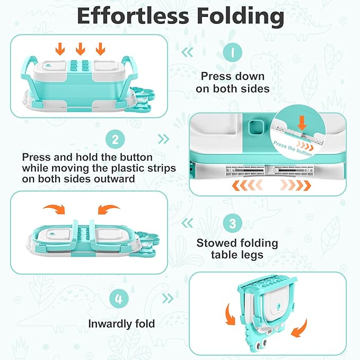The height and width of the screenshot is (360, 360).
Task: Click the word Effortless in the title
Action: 133,16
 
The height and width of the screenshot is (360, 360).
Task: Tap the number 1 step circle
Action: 233,52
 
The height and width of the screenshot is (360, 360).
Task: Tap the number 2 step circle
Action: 115,139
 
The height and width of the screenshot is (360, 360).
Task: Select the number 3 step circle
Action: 233,223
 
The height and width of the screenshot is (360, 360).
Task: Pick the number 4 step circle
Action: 119,299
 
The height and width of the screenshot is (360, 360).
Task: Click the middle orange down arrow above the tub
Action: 80,49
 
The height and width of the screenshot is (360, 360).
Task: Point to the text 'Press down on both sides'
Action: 233,82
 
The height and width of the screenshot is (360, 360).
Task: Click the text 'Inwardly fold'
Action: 121,324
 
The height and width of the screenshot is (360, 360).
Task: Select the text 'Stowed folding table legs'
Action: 237,249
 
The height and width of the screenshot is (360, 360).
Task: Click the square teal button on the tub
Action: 256,127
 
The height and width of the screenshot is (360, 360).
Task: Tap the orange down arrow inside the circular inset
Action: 302,123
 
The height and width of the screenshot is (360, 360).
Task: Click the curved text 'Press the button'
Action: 293,148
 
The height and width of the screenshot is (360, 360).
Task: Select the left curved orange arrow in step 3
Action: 55,209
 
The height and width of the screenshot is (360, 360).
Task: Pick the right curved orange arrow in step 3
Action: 109,209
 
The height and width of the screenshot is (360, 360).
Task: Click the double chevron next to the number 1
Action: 187,52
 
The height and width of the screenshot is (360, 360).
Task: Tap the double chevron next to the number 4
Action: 168,298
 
